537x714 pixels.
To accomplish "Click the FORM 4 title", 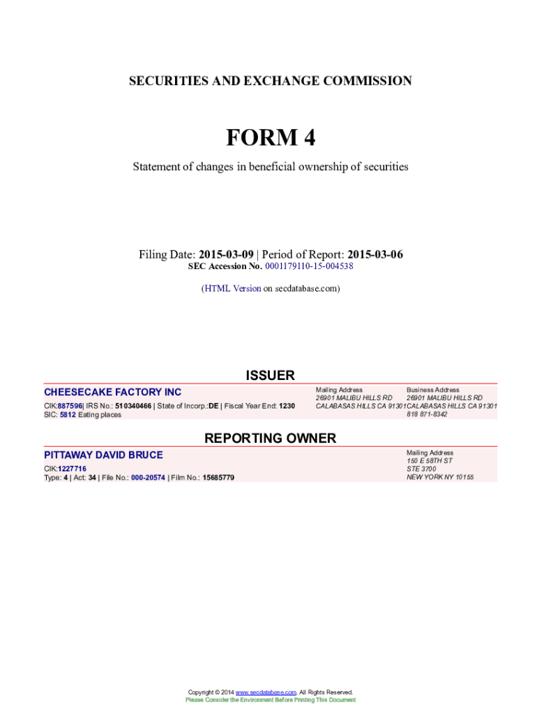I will point(270,139).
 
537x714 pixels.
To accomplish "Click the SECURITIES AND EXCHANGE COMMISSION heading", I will point(270,82).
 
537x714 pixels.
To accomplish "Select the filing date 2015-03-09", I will point(226,255).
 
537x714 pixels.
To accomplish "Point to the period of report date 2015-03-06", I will point(375,255).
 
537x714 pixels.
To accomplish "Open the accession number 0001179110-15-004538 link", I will point(309,266).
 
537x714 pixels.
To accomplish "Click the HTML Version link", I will point(232,288).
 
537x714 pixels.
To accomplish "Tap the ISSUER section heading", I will point(270,376).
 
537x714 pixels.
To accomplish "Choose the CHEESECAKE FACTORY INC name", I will point(112,392).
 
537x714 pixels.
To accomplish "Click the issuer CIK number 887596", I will point(70,406).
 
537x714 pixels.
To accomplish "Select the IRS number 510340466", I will point(133,406).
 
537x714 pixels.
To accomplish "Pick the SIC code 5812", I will point(68,415).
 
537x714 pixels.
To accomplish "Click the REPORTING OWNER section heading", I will point(270,439).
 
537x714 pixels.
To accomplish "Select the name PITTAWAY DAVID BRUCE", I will point(103,455).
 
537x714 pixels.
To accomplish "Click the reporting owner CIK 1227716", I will point(72,469).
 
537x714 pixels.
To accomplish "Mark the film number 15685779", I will point(218,478).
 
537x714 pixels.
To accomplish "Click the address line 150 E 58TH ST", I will point(430,461).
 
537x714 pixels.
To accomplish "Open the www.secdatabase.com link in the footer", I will point(266,692).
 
